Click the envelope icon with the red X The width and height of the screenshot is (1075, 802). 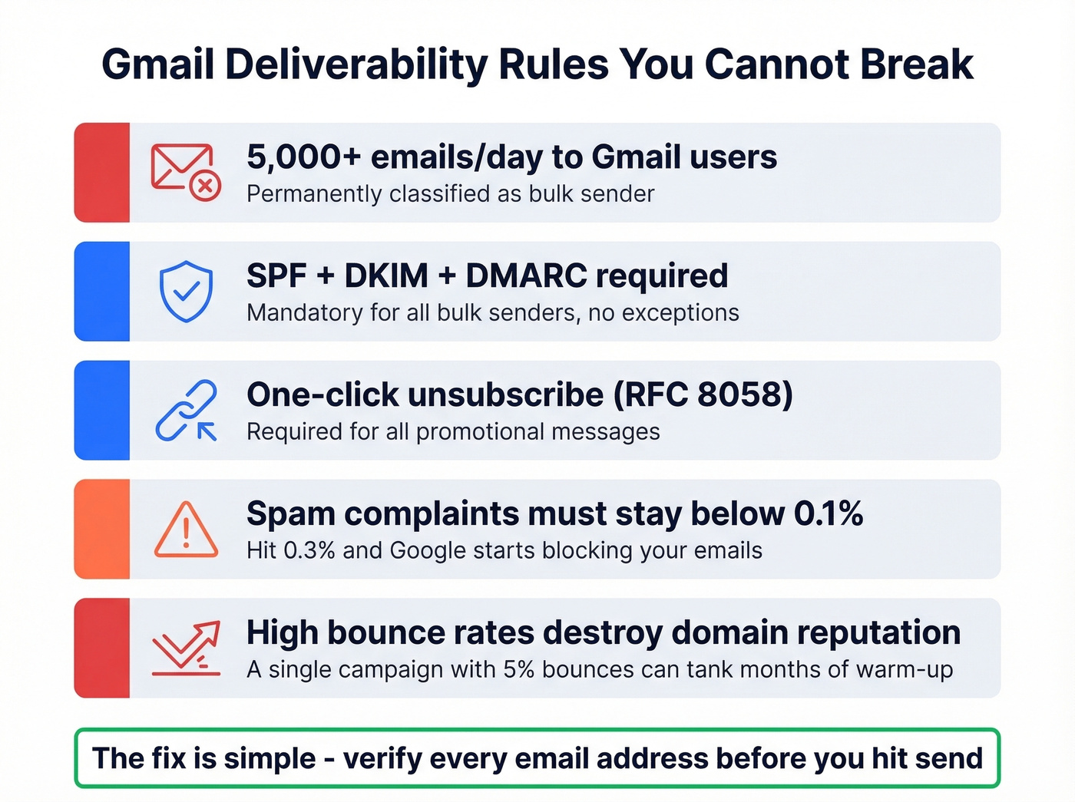point(186,172)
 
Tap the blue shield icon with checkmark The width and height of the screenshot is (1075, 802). point(186,291)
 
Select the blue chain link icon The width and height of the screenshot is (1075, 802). point(186,410)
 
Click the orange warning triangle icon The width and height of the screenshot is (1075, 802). point(186,530)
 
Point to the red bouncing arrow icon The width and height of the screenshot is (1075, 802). point(186,648)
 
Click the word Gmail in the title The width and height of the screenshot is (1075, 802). point(157,64)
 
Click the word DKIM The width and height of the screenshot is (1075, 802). point(386,276)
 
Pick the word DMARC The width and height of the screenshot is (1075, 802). point(526,276)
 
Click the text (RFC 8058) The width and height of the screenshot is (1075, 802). point(703,395)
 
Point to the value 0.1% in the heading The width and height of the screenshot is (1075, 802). point(828,513)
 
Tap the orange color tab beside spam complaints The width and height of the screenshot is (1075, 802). point(102,529)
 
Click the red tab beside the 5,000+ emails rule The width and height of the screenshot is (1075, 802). point(102,172)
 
